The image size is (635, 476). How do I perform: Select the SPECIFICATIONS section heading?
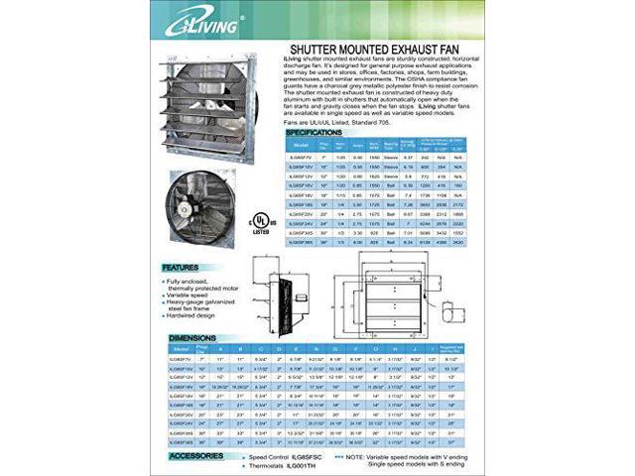pos(317,132)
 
